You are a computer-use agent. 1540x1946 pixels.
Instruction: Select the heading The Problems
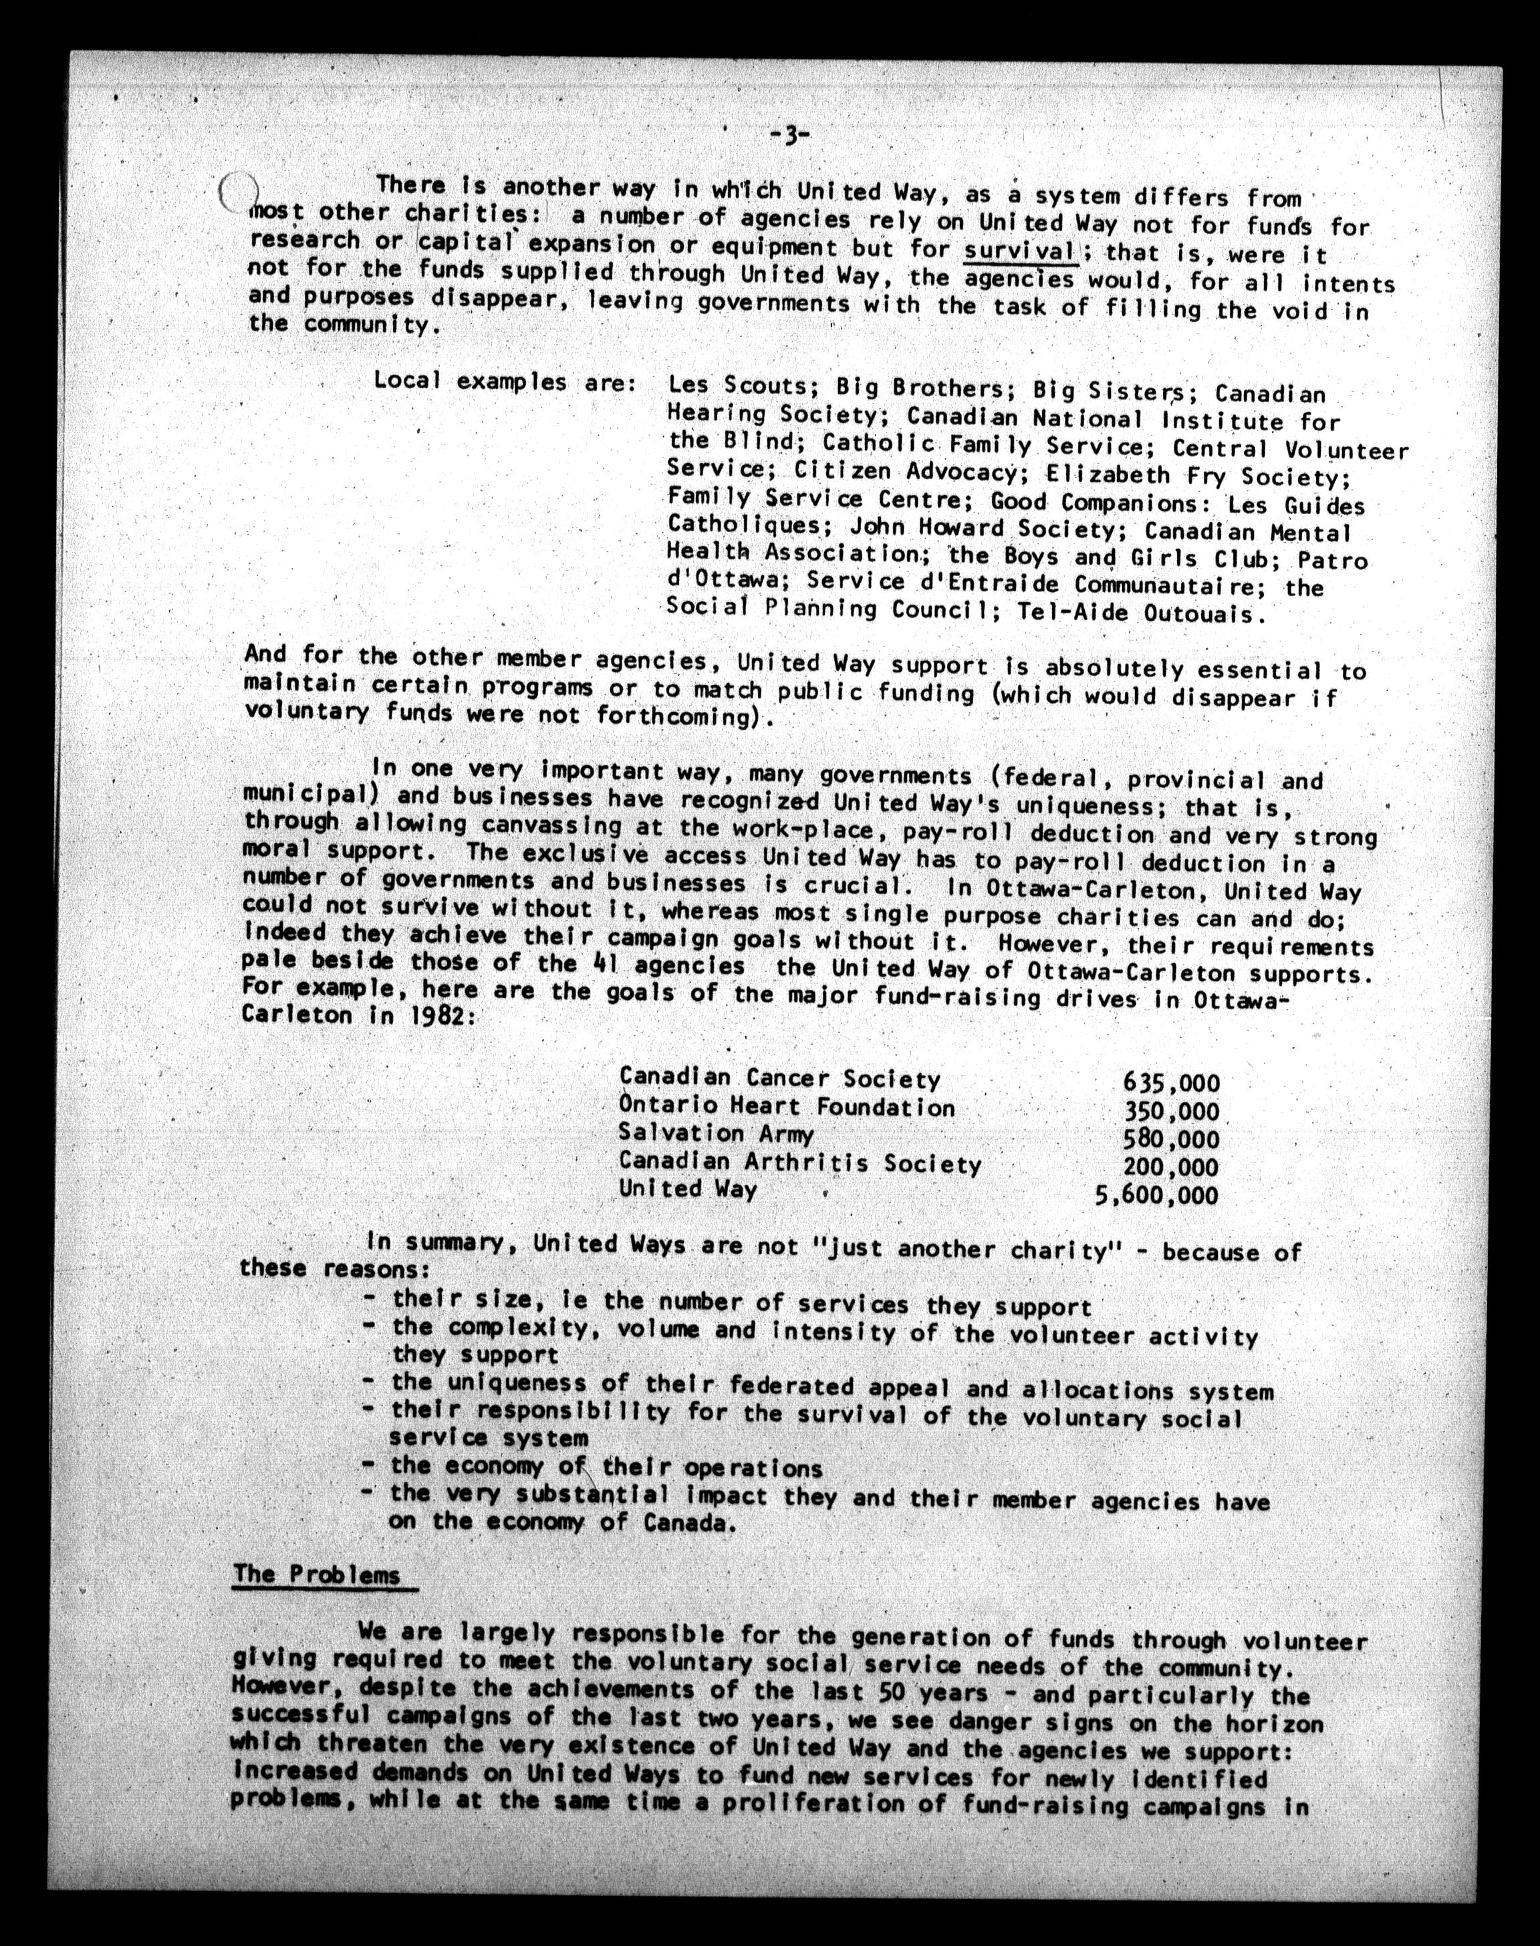pyautogui.click(x=317, y=1574)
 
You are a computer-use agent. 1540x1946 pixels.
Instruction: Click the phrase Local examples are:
pyautogui.click(x=506, y=382)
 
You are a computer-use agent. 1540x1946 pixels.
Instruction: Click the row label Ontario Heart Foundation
pyautogui.click(x=786, y=1107)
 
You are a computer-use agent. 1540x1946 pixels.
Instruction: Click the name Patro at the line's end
pyautogui.click(x=1333, y=561)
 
